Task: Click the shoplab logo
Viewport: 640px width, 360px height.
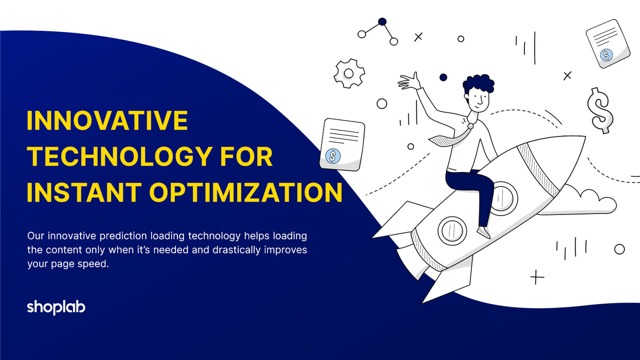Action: [56, 307]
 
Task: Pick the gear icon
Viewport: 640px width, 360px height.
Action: [349, 73]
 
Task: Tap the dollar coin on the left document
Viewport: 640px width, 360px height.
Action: [332, 156]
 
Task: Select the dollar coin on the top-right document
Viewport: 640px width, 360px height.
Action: [606, 55]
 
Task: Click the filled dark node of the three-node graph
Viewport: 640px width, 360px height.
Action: [382, 21]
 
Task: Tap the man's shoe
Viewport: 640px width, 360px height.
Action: [483, 232]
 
